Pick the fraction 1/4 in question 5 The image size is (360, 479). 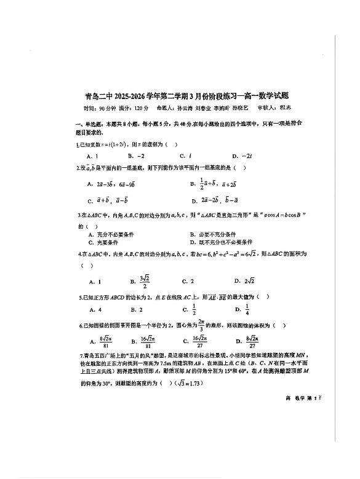click(x=247, y=309)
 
